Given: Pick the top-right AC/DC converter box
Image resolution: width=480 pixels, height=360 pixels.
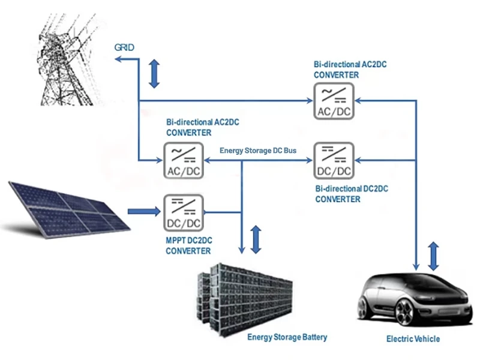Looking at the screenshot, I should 333,101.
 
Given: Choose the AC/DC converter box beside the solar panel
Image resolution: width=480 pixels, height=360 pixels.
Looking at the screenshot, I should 183,161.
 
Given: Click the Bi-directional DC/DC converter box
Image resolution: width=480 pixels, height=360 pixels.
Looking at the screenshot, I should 333,161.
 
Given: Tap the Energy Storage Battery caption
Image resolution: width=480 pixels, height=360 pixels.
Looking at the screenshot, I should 287,337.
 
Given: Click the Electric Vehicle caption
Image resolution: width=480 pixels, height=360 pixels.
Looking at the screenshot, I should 413,339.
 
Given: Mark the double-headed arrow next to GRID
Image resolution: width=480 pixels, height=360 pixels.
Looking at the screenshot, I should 155,73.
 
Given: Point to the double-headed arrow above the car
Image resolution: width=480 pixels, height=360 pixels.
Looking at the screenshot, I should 434,256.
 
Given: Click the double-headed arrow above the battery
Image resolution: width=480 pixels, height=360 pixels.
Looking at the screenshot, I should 257,239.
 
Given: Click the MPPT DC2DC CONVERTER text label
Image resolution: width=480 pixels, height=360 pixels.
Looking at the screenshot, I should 189,245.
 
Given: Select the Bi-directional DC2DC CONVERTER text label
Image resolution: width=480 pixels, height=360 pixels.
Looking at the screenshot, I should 352,193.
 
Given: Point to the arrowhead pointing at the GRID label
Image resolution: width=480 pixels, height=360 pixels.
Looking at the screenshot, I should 118,58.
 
